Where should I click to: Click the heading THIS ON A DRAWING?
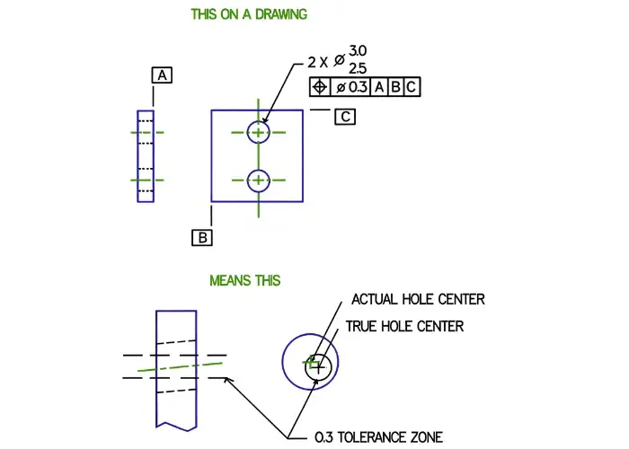click(249, 14)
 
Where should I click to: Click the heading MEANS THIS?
click(244, 280)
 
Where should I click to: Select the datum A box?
click(162, 75)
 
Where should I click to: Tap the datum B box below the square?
click(202, 237)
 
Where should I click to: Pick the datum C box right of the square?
click(346, 116)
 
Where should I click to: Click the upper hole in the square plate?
click(259, 132)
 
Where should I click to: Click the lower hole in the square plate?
click(259, 180)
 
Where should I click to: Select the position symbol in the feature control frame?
click(320, 87)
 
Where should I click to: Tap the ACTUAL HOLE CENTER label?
click(418, 299)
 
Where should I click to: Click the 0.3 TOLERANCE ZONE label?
click(377, 437)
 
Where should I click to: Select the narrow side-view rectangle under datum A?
click(146, 156)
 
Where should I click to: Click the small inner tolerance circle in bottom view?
click(321, 366)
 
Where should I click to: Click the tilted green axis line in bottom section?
click(180, 366)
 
